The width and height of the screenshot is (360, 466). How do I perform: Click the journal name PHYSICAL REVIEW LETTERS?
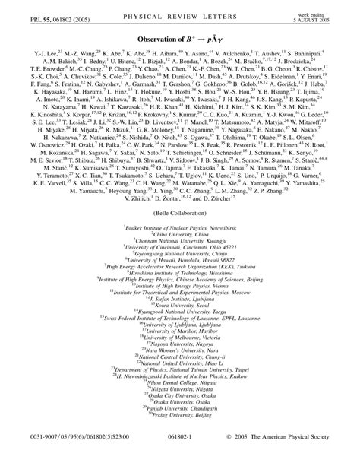click(x=180, y=11)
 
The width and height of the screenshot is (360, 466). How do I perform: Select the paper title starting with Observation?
click(x=180, y=40)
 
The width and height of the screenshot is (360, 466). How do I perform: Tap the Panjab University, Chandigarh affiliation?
click(x=180, y=416)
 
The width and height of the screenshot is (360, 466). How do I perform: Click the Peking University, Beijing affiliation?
click(x=180, y=423)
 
